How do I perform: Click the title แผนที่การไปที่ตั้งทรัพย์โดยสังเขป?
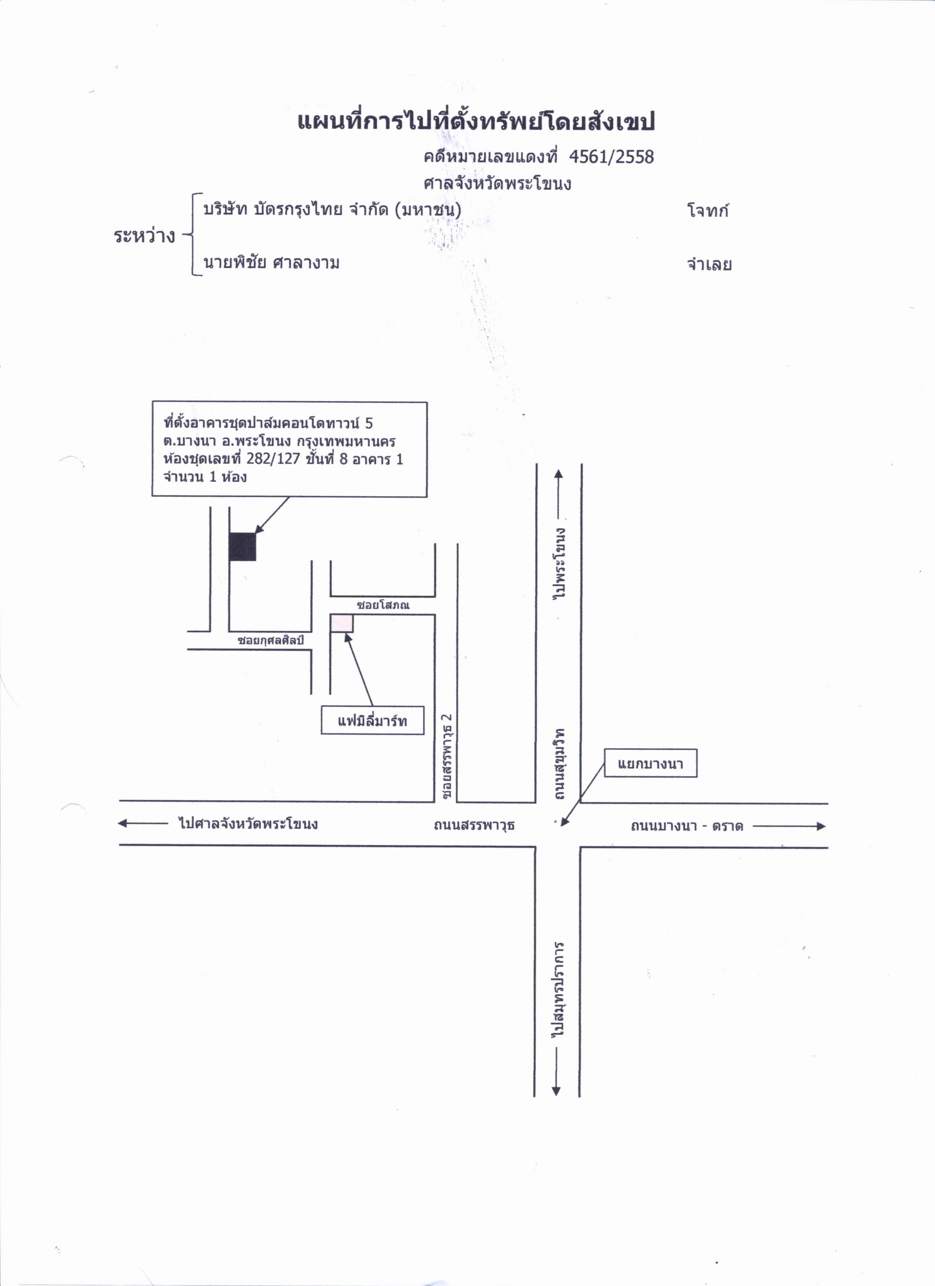[476, 120]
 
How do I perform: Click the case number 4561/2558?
[611, 157]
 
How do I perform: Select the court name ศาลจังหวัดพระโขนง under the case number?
[497, 183]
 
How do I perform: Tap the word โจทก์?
[708, 210]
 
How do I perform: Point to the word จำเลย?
[709, 264]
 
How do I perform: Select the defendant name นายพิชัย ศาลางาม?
[272, 263]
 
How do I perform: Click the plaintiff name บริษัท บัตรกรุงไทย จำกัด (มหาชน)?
[332, 209]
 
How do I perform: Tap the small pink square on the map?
[342, 623]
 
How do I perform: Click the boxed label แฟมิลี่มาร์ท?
[373, 721]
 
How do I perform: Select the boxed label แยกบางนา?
[650, 763]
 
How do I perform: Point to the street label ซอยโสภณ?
[383, 605]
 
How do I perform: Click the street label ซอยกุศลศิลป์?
[271, 640]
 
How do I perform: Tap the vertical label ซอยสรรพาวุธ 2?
[447, 757]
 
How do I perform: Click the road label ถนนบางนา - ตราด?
[687, 826]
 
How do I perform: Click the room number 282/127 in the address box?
[273, 459]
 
